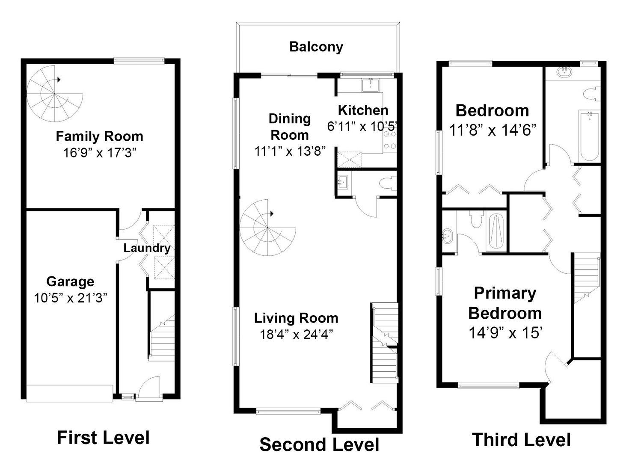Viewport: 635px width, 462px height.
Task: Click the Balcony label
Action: click(x=316, y=47)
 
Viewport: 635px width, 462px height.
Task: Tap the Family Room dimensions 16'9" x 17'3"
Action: click(x=99, y=152)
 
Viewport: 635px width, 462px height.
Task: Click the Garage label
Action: click(x=70, y=281)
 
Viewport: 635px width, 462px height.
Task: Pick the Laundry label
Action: click(x=147, y=248)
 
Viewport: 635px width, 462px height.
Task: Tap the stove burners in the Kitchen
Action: click(x=390, y=140)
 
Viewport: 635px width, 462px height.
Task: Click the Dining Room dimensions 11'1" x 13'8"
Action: click(x=290, y=151)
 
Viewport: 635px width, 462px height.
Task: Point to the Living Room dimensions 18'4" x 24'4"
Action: click(x=296, y=334)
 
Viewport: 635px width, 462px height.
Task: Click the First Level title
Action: click(x=103, y=438)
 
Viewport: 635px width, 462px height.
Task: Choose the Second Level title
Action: click(x=319, y=444)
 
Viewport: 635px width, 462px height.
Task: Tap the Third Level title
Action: click(x=521, y=440)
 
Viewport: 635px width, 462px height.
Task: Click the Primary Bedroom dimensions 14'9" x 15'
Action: click(x=505, y=332)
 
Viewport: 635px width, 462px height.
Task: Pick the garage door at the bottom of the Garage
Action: click(x=69, y=393)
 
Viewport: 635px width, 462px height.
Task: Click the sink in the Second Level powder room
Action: click(x=342, y=183)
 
